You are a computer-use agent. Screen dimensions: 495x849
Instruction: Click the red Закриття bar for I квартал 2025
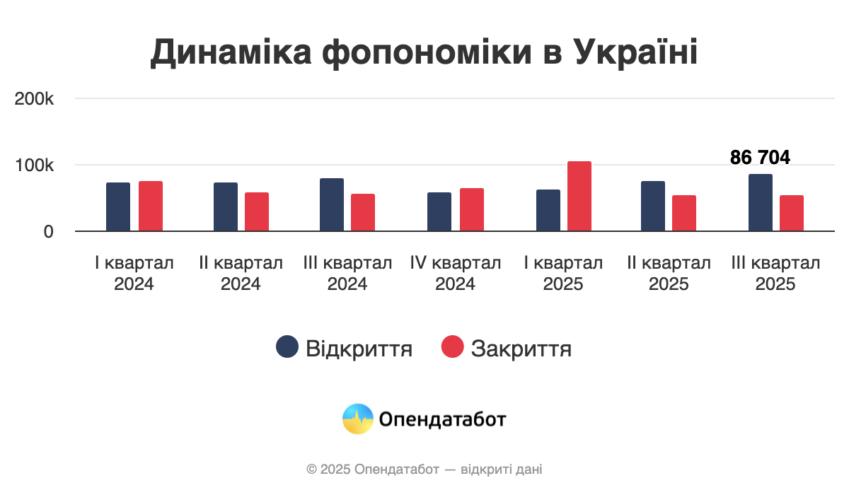coord(579,196)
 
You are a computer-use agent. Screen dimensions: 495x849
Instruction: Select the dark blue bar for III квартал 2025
coord(761,202)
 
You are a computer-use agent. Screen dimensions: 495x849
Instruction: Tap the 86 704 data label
coord(760,158)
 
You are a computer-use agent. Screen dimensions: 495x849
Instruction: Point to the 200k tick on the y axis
coord(35,99)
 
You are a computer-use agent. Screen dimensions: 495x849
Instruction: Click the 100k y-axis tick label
coord(35,165)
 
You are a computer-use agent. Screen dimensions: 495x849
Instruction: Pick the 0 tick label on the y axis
coord(48,231)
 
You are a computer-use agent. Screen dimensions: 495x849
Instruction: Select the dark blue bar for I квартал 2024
coord(118,206)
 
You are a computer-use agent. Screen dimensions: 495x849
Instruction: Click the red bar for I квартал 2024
coord(151,206)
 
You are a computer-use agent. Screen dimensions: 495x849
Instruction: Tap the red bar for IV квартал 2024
coord(472,209)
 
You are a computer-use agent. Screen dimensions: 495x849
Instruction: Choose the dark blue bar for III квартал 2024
coord(332,204)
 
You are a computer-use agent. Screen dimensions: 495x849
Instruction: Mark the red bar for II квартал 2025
coord(684,213)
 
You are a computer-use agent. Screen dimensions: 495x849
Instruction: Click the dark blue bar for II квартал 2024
coord(226,206)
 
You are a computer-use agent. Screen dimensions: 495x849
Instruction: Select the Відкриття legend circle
coord(287,347)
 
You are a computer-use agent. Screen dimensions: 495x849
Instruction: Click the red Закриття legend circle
coord(452,347)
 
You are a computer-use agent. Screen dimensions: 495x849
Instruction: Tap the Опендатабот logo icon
coord(357,419)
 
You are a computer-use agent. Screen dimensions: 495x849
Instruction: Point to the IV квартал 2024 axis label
coord(456,274)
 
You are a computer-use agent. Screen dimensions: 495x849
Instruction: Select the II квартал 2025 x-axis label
coord(669,274)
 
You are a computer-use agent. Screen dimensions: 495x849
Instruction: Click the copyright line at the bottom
coord(424,469)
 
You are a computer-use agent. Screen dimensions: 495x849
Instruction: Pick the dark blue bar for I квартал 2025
coord(548,210)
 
